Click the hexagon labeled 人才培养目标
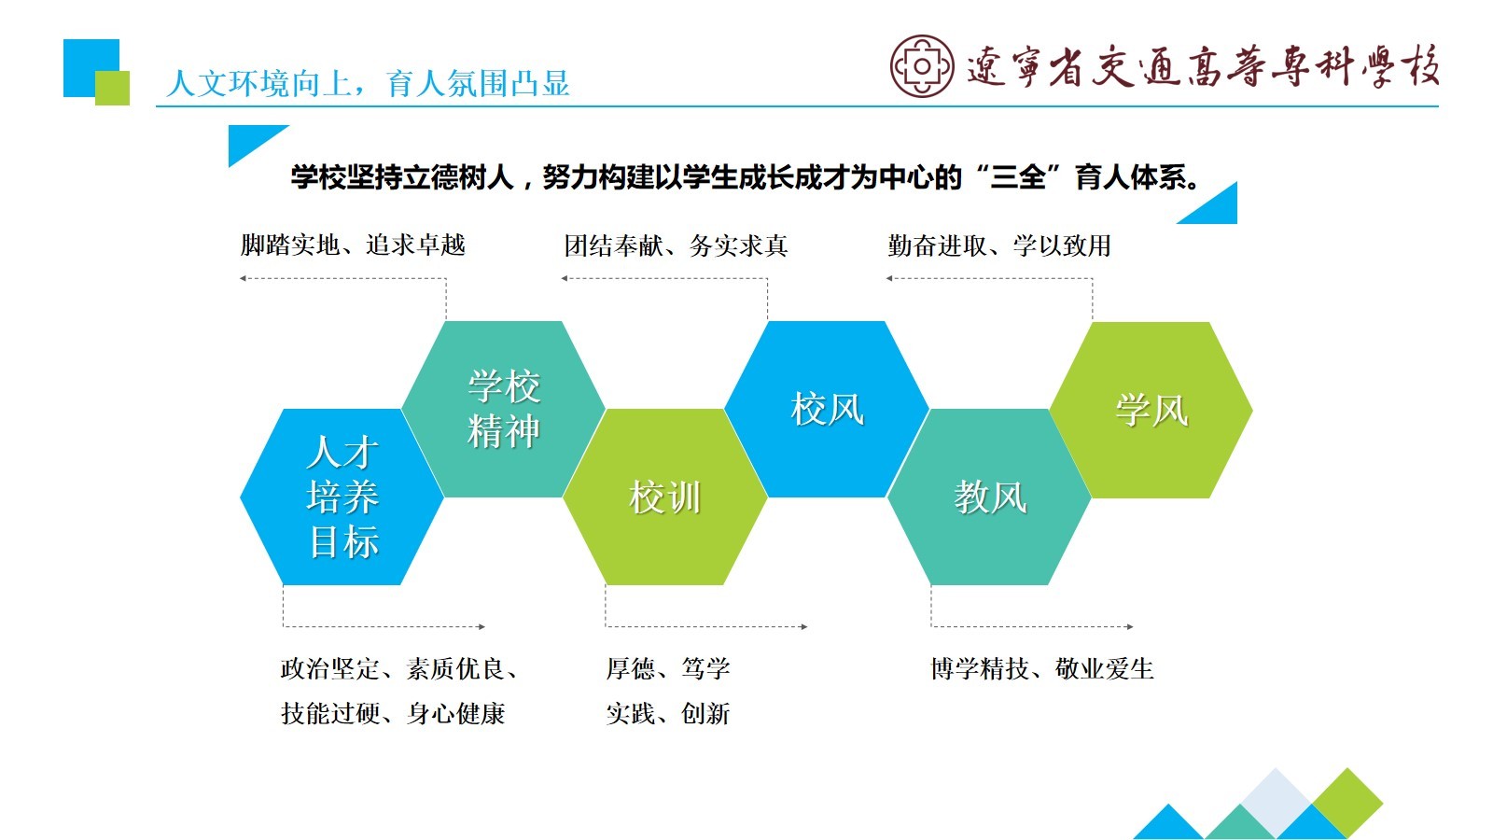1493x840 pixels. point(342,497)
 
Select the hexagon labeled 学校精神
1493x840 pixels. point(503,409)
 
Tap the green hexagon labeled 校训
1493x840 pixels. point(664,497)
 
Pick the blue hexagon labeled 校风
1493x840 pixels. point(827,409)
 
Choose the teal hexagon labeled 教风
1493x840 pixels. point(989,497)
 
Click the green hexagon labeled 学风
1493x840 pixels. point(1151,410)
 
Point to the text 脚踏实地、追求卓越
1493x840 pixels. point(353,245)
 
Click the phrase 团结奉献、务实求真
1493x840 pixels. point(676,246)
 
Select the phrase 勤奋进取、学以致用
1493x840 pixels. point(999,246)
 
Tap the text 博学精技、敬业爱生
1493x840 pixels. point(1041,668)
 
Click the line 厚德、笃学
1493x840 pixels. point(668,668)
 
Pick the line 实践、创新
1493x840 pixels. point(668,714)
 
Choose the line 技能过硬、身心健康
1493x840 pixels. point(393,714)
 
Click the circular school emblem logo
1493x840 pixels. point(922,66)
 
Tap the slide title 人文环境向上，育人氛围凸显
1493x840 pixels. point(368,84)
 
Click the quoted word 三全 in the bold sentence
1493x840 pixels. point(1017,177)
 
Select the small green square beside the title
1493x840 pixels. point(113,88)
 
